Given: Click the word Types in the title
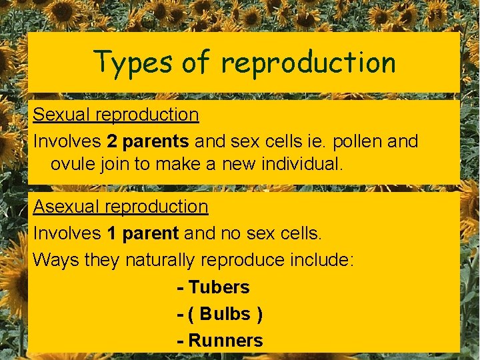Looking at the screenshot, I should [133, 62].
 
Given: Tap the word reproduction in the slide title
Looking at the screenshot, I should [308, 63].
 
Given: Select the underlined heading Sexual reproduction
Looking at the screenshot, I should [116, 115].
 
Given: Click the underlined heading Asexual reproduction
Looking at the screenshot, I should [121, 207].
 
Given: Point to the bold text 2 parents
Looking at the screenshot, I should [147, 141].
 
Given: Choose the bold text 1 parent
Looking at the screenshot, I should [143, 233].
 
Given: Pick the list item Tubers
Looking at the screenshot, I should [219, 287].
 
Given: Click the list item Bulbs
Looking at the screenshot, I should [225, 314].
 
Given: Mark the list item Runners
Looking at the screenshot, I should [226, 341].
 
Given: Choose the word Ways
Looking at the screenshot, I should [56, 260].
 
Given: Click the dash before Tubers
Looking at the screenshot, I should [180, 288].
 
